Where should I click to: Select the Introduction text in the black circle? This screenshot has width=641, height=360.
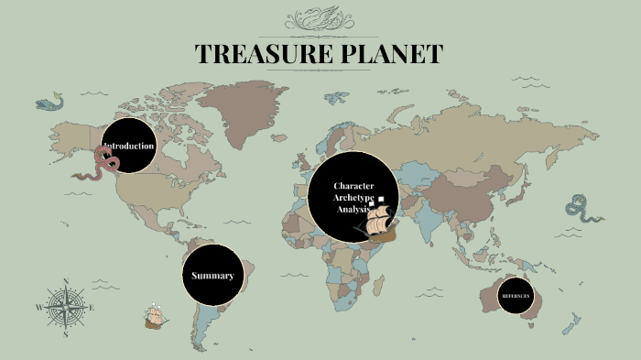click(x=129, y=147)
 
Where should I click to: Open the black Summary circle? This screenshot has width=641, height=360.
click(x=212, y=276)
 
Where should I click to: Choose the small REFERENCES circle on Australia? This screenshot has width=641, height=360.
click(x=515, y=296)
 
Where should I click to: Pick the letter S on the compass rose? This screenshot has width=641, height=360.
click(x=66, y=335)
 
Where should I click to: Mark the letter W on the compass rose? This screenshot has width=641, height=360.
click(x=39, y=308)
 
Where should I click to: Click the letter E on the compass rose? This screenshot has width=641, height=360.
click(x=92, y=308)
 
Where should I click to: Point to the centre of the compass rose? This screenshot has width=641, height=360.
click(x=66, y=308)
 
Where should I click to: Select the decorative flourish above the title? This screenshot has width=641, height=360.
click(x=320, y=19)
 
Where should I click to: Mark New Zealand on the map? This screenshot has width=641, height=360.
click(x=571, y=322)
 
